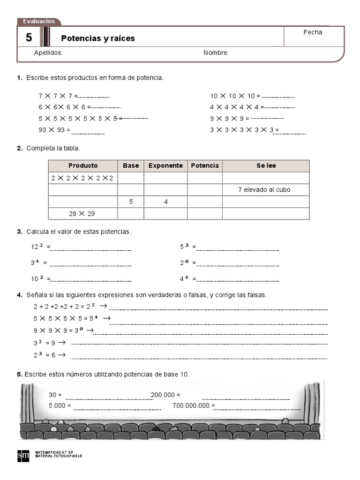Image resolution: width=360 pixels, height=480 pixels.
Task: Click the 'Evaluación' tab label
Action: (x=39, y=21)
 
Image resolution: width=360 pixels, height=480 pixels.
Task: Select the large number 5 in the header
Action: (x=29, y=38)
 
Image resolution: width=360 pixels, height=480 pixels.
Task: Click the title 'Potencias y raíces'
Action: (x=98, y=38)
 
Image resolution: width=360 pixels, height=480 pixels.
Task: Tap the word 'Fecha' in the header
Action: (x=313, y=32)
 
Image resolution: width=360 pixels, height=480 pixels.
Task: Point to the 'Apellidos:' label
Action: (x=48, y=53)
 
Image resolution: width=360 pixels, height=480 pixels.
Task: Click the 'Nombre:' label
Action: (x=216, y=53)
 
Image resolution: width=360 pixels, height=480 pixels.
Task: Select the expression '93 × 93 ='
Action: (x=54, y=130)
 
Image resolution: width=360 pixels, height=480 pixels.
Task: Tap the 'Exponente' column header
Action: (x=165, y=165)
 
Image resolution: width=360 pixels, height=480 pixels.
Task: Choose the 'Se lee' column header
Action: (x=266, y=165)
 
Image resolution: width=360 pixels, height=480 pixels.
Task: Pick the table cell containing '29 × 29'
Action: (x=82, y=214)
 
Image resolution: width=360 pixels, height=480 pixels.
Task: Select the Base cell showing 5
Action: (x=131, y=202)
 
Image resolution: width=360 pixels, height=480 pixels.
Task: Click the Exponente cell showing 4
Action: (x=166, y=202)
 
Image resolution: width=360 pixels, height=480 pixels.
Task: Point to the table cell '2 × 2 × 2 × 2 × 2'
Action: (x=82, y=178)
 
